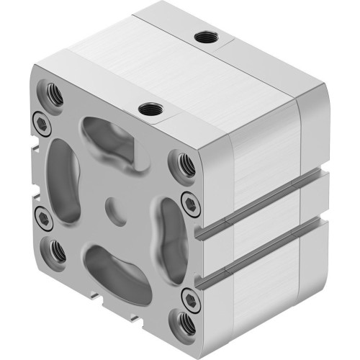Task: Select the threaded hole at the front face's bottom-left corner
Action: [x=55, y=251]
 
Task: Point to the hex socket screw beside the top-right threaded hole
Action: [x=188, y=200]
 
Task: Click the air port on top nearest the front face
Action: [x=149, y=109]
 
